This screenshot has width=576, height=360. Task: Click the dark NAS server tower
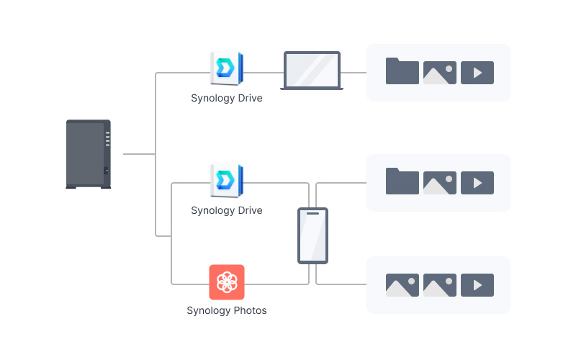coord(88,154)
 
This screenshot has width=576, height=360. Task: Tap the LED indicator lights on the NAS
coord(107,139)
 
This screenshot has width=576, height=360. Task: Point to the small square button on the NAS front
coord(106,171)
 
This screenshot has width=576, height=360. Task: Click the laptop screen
coord(312,70)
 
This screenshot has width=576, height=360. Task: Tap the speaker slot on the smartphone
coord(312,213)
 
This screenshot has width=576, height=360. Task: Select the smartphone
coord(312,236)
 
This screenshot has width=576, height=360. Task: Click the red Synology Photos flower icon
coord(227,282)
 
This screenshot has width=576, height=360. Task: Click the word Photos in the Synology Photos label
coord(250,310)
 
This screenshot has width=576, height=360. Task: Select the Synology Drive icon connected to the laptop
coord(227,68)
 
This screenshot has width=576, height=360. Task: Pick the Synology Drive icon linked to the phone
coord(227,181)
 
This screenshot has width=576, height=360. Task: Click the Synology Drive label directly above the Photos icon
coord(227,210)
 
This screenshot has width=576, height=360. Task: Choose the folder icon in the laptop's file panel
coord(402,71)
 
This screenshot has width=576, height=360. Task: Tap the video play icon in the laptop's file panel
coord(477,73)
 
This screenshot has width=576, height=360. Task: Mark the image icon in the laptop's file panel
coord(440,73)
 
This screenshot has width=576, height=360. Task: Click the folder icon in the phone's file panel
coord(402,181)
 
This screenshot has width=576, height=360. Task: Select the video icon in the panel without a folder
coord(477,285)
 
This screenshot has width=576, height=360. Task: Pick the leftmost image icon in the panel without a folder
coord(402,285)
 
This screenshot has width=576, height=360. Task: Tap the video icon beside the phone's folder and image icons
coord(477,183)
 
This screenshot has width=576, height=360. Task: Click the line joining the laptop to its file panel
coord(354,73)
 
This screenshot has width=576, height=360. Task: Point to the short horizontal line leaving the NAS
coord(139,154)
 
